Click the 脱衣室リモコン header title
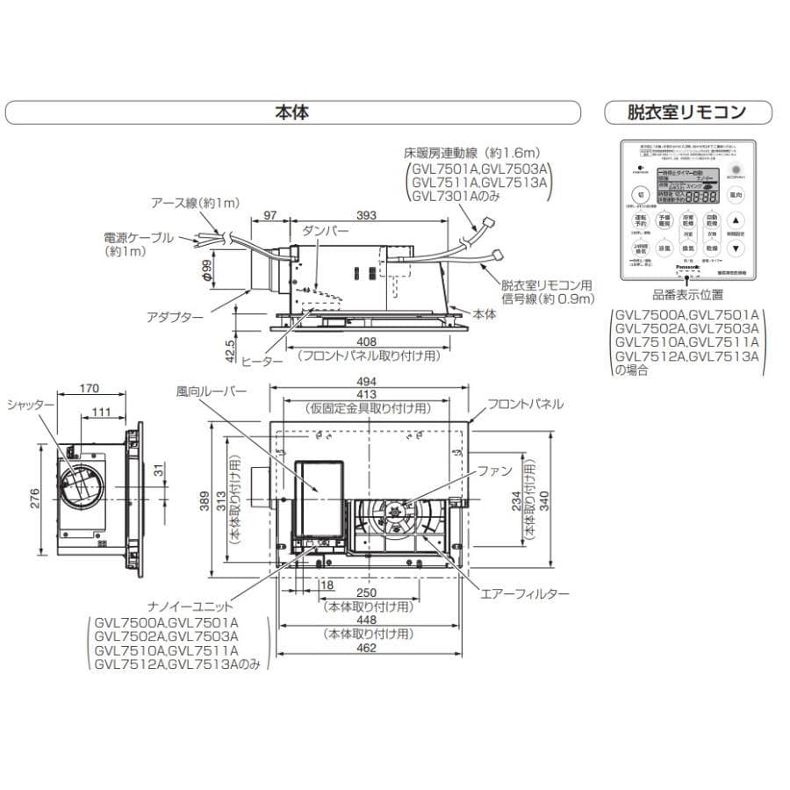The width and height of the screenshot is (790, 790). point(687,112)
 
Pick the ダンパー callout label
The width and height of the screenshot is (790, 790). point(326,230)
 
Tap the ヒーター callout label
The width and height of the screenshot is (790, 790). point(262,361)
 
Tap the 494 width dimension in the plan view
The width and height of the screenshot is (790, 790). point(367,382)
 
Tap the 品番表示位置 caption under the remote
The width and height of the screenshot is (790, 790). point(687,297)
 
